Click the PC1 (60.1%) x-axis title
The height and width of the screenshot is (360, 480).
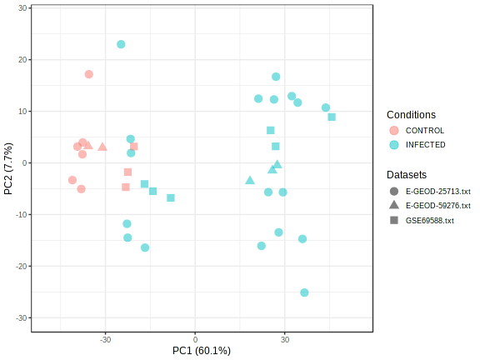point(202,350)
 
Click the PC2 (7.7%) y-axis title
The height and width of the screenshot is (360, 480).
point(9,167)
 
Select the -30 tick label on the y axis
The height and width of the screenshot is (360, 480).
point(22,317)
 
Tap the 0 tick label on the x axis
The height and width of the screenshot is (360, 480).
point(195,338)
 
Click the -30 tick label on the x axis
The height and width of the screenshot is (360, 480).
point(105,338)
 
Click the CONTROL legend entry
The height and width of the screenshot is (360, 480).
point(424,130)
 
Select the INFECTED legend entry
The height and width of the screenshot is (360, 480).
point(425,144)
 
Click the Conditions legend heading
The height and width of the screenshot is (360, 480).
point(411,114)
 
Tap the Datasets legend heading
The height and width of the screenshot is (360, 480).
point(407,175)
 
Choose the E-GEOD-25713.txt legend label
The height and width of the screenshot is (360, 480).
point(437,190)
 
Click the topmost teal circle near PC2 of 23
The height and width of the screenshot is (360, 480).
point(121,44)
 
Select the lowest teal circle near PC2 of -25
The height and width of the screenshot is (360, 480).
point(304,292)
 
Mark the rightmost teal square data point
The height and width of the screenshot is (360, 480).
point(332,117)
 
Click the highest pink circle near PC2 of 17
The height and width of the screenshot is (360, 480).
point(89,74)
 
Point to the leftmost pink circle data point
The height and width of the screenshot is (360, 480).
point(72,180)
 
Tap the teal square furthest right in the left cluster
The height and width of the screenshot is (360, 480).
point(171,197)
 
